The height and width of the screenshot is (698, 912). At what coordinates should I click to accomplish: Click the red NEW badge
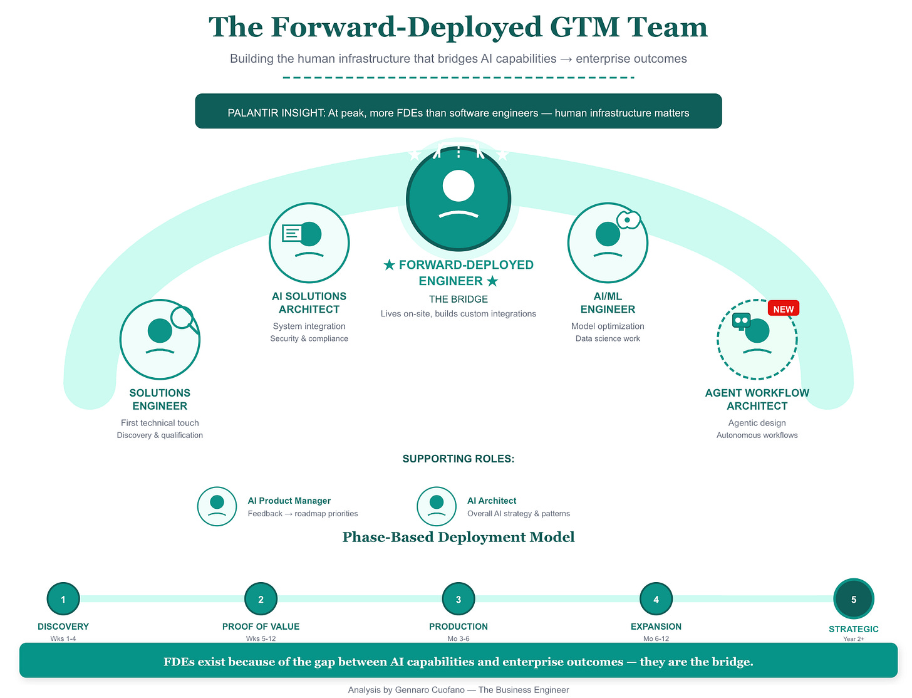tap(783, 309)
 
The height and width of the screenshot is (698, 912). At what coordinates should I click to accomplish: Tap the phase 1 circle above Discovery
tap(63, 599)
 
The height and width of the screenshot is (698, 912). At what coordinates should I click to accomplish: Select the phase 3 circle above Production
tap(459, 599)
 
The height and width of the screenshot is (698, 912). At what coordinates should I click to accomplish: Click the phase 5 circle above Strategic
tap(853, 599)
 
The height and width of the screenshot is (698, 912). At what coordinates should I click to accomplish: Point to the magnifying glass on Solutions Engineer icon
tap(183, 318)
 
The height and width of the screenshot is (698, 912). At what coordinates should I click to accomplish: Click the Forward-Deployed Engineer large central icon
tap(459, 198)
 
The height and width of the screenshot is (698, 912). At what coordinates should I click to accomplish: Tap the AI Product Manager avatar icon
tap(217, 506)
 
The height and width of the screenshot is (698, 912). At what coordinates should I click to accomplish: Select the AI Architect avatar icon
tap(437, 506)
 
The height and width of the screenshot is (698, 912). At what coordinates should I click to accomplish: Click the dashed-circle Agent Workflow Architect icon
tap(757, 340)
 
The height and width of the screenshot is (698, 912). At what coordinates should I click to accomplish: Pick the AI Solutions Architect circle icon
tap(309, 242)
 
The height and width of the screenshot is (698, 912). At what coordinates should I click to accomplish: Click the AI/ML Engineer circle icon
tap(608, 242)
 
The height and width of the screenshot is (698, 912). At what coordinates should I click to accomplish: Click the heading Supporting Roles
tap(459, 459)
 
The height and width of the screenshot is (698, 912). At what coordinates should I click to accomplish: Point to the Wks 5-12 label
tap(261, 638)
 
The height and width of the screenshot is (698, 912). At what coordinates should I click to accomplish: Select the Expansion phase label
tap(656, 627)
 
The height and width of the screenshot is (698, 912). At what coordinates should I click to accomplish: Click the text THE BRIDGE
tap(459, 300)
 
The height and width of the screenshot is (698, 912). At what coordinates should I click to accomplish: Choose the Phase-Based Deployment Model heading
tap(459, 538)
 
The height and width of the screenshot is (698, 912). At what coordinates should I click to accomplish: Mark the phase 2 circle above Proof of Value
tap(261, 599)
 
